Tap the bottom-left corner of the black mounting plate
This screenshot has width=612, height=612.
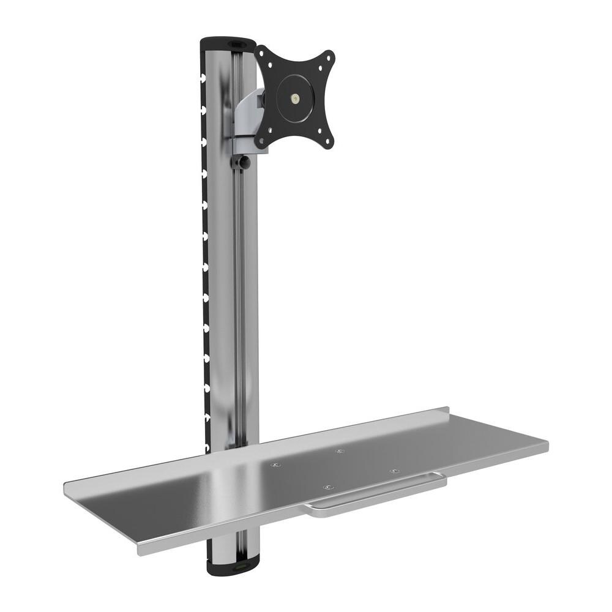(x=262, y=143)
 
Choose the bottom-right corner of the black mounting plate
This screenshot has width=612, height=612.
(x=329, y=141)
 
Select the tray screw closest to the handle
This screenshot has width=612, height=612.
(x=328, y=488)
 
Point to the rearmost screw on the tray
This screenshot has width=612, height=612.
(x=340, y=452)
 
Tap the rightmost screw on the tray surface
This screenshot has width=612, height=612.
(x=393, y=471)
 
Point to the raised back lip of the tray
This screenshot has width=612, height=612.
(x=367, y=422)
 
